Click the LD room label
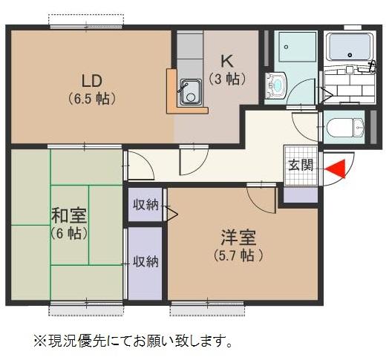coord(91,80)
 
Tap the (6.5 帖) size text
coord(91,98)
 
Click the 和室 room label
coord(69,216)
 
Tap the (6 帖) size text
coord(68,233)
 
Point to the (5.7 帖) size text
coord(238,255)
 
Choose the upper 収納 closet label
coord(146,205)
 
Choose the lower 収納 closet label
coord(145,261)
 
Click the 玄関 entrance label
coord(301,165)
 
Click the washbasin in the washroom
coord(275,85)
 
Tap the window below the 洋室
coord(197,304)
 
